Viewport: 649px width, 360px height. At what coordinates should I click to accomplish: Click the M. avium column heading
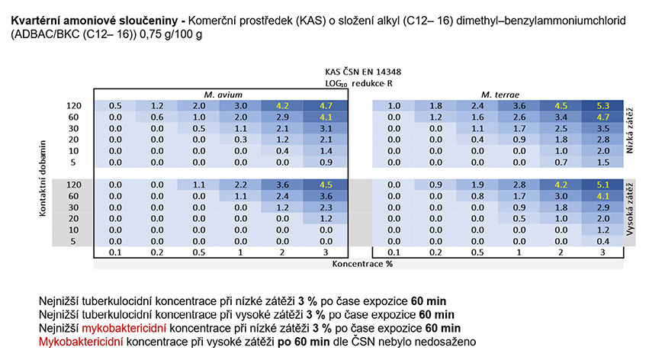tap(223, 95)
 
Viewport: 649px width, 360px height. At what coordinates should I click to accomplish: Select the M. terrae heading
tap(500, 95)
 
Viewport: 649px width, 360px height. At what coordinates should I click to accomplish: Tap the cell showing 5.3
tap(602, 106)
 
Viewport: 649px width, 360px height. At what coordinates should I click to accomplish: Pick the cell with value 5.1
tap(602, 185)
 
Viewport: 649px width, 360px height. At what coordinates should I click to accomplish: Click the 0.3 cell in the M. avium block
tap(241, 140)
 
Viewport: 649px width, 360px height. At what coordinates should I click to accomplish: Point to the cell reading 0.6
tap(157, 117)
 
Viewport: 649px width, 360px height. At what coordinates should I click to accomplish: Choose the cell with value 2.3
tap(326, 207)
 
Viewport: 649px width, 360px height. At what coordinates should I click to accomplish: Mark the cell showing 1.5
tap(602, 162)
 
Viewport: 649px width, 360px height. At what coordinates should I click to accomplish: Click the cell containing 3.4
tap(561, 117)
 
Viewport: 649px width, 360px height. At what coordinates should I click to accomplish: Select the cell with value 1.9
tap(477, 185)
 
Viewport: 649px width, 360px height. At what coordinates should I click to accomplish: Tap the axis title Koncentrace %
tap(362, 264)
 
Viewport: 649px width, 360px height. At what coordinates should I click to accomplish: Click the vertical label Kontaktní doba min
tap(43, 178)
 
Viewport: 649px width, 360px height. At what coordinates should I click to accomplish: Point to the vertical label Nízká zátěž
tap(629, 130)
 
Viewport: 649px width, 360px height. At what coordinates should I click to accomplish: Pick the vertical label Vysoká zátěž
tap(629, 209)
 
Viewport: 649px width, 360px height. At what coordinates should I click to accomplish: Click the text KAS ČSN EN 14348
tap(363, 72)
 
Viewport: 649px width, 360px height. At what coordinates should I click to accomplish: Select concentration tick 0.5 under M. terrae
tap(477, 252)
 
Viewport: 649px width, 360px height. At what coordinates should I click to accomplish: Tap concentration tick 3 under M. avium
tap(326, 252)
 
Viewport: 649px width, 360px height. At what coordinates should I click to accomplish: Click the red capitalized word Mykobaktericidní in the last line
tap(81, 342)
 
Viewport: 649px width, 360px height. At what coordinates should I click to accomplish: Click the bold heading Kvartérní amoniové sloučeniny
tap(95, 21)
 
